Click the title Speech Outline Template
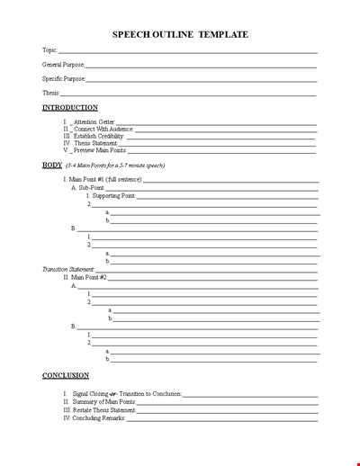click(x=180, y=34)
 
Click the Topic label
click(x=49, y=50)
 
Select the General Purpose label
click(x=64, y=65)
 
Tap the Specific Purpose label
click(x=64, y=79)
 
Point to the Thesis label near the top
click(x=51, y=94)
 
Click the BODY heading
click(x=52, y=166)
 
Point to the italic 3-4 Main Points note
click(x=115, y=166)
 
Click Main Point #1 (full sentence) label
click(x=106, y=180)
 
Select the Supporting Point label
click(x=113, y=195)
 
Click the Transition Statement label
click(x=67, y=269)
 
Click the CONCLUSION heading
click(x=66, y=375)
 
